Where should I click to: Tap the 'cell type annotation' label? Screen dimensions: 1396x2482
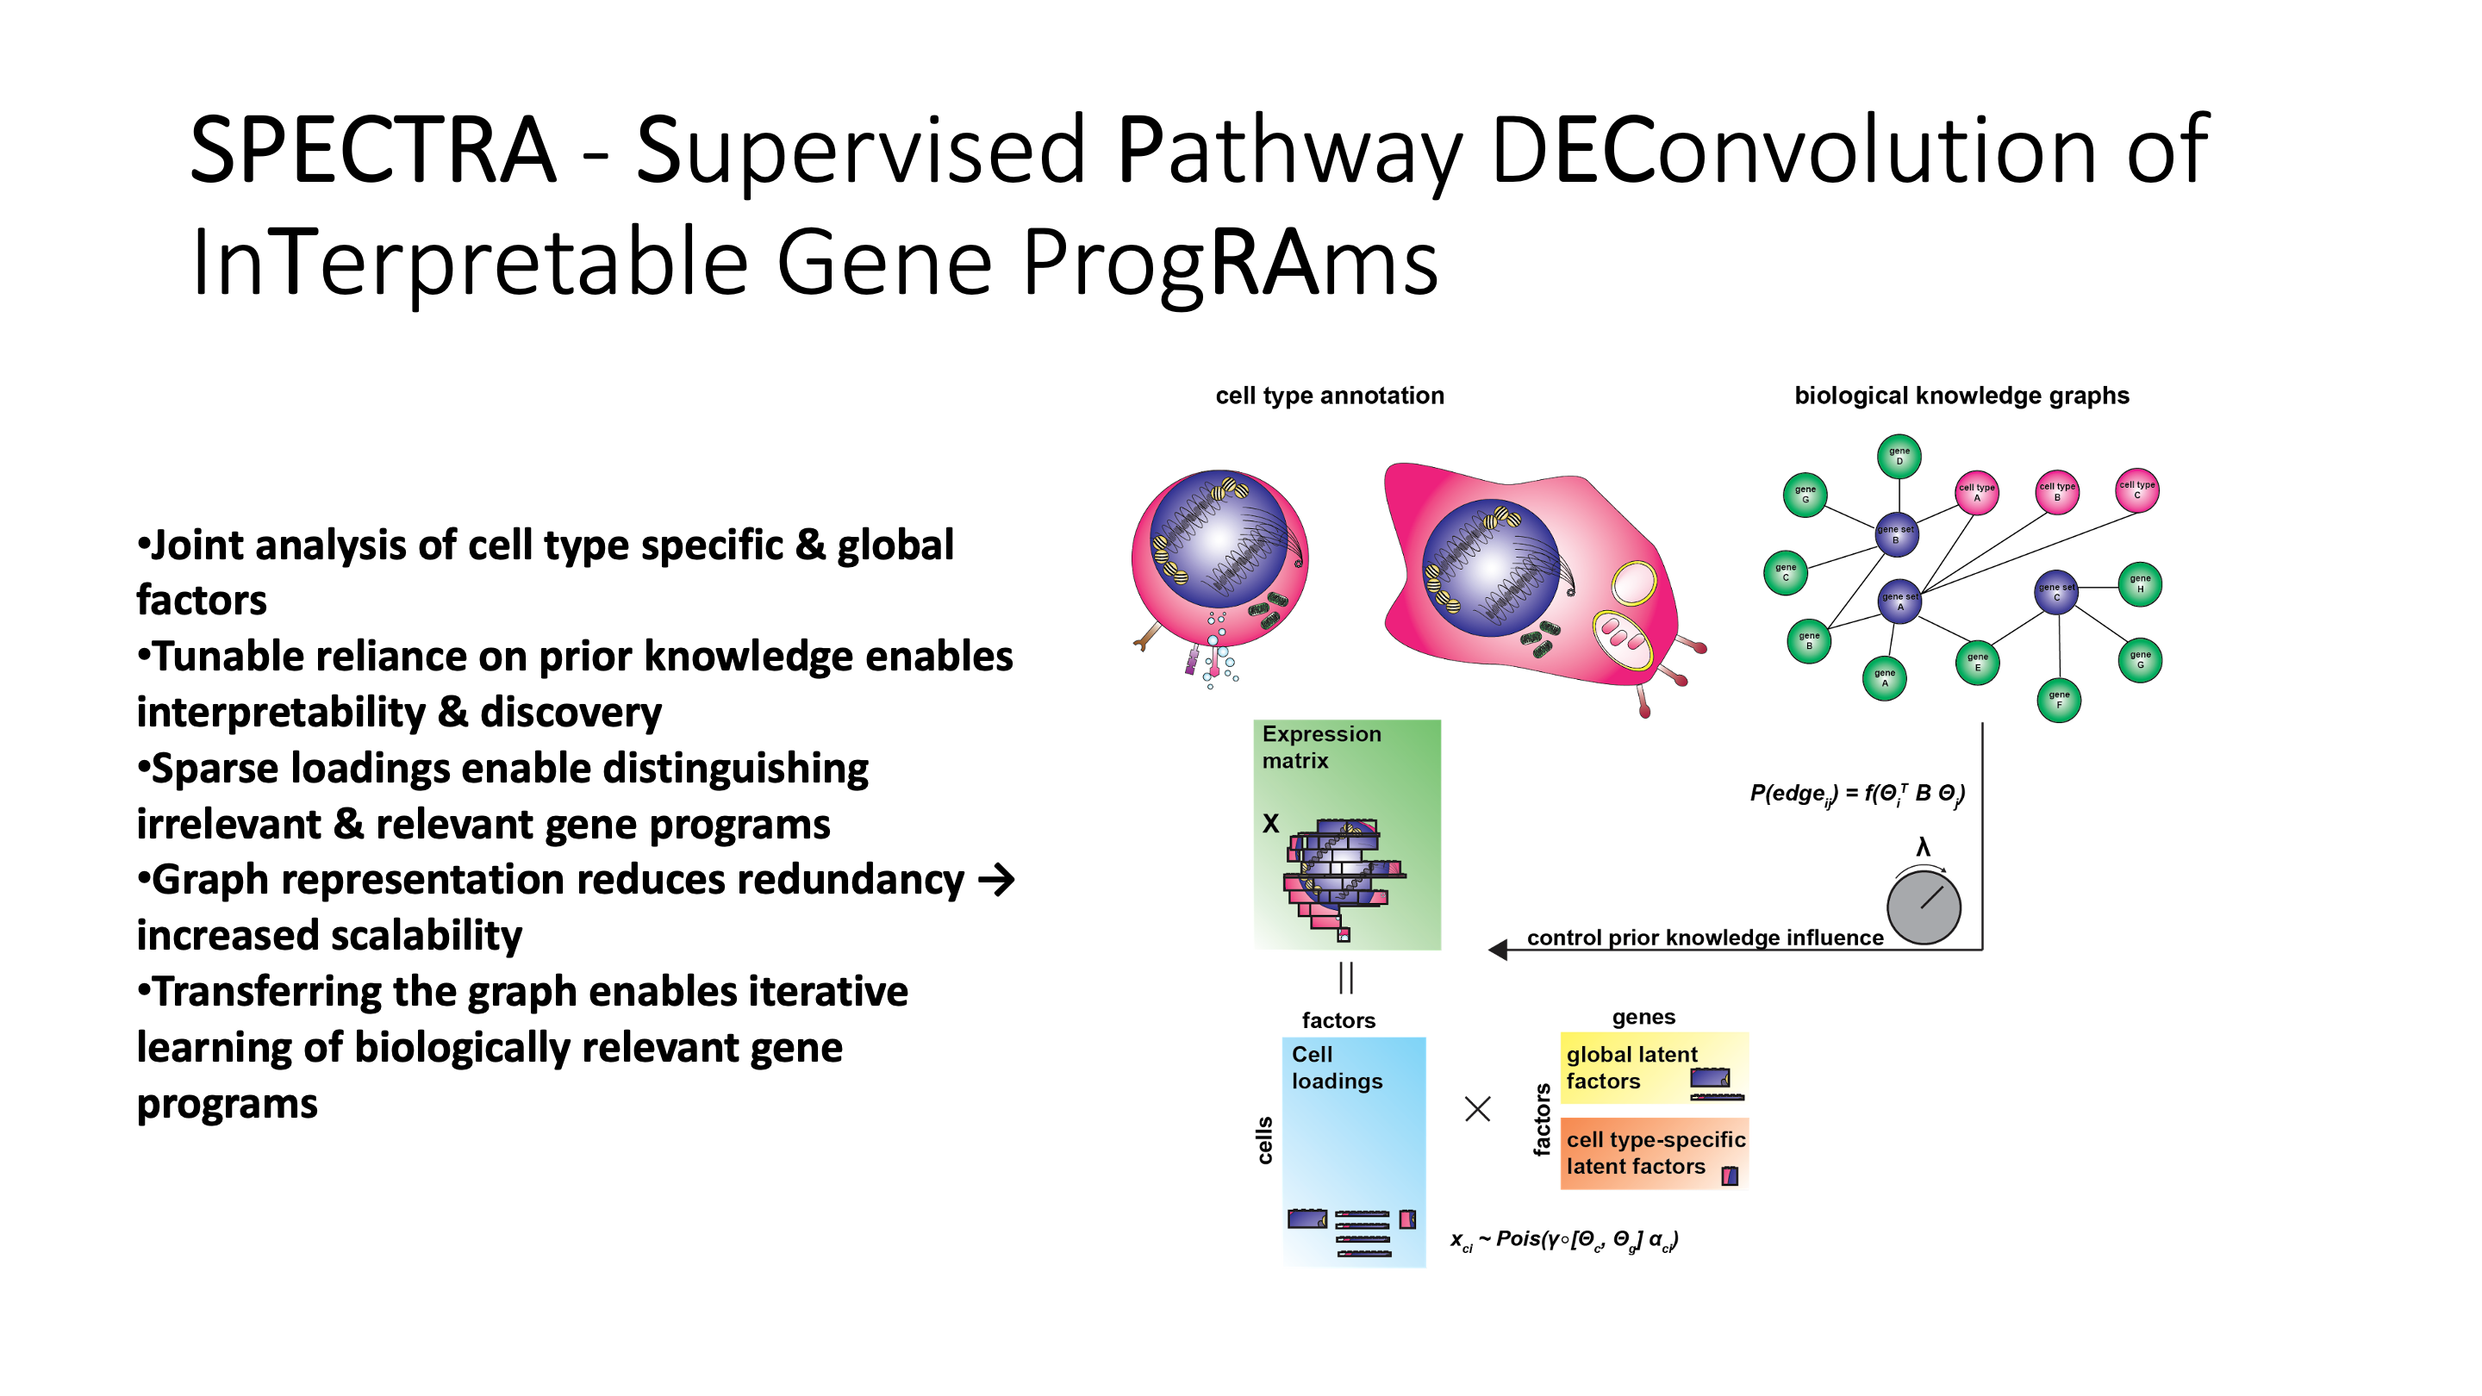point(1330,396)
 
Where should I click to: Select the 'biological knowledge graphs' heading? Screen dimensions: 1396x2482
point(1961,396)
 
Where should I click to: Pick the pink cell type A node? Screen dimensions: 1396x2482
point(1976,492)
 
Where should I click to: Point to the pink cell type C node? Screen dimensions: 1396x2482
point(2136,489)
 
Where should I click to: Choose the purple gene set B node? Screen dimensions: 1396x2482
point(1895,534)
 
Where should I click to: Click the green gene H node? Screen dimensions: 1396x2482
point(2139,584)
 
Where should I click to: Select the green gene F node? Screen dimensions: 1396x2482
point(2058,700)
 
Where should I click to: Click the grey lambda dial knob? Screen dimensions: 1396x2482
point(1924,907)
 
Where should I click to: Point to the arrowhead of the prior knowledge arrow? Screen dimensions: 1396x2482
point(1497,950)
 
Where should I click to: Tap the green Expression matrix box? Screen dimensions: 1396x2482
point(1346,834)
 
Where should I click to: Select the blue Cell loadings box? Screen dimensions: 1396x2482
point(1354,1150)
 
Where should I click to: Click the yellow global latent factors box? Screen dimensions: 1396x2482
point(1654,1068)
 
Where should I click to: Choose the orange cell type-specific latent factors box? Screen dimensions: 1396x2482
point(1654,1152)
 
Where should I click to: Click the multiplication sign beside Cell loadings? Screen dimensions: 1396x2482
point(1477,1109)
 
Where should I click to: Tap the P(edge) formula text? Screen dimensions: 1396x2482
point(1856,794)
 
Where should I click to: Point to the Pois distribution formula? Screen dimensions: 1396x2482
point(1564,1240)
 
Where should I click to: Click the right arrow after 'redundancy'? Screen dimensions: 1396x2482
point(996,880)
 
